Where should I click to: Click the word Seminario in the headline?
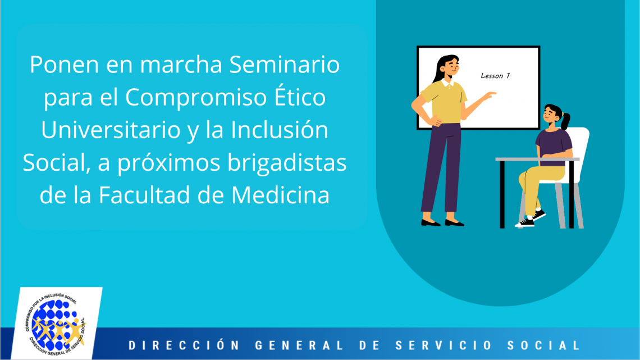click(285, 65)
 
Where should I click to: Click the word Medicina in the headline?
click(280, 195)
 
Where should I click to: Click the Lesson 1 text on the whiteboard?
click(495, 75)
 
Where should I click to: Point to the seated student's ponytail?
click(566, 120)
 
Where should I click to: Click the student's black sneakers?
click(531, 219)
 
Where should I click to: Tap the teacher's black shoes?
click(442, 223)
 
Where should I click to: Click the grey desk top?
click(538, 159)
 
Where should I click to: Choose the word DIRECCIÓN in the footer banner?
click(184, 345)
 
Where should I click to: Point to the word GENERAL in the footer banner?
click(300, 345)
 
